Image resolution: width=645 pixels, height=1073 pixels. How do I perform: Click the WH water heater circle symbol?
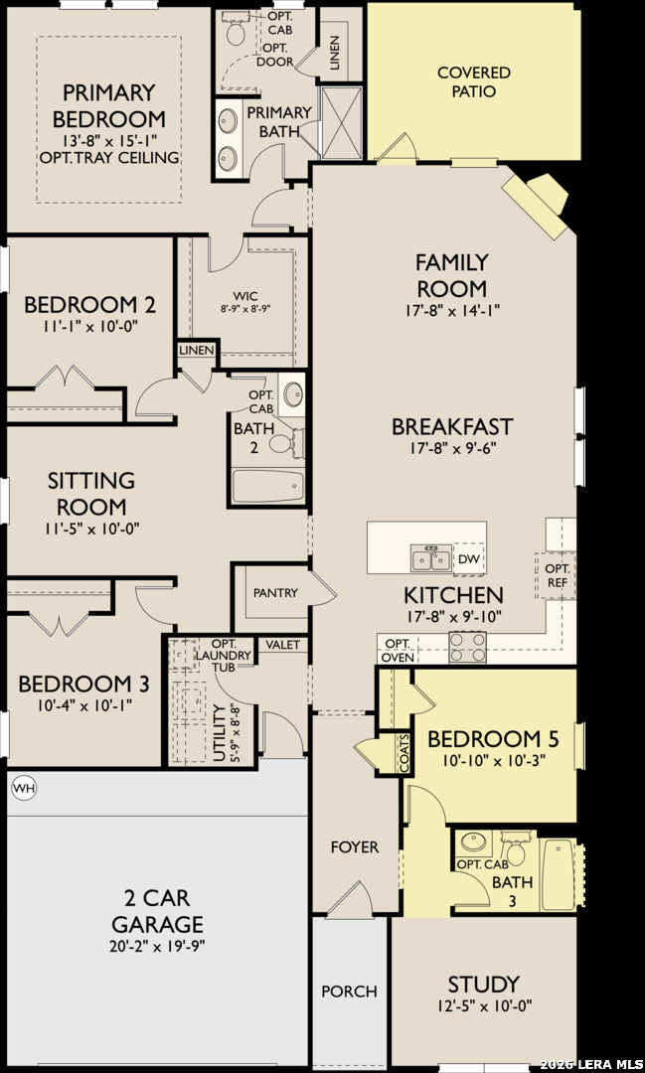[24, 788]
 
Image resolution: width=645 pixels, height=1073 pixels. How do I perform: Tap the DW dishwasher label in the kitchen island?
[469, 559]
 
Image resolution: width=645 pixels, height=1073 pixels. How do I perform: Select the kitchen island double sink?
[430, 557]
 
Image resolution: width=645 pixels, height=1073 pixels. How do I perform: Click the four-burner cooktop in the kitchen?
[468, 647]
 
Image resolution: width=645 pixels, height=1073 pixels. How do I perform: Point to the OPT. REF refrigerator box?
[556, 575]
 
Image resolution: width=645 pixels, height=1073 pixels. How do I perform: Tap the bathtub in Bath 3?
[559, 874]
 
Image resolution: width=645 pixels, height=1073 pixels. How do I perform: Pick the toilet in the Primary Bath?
[237, 30]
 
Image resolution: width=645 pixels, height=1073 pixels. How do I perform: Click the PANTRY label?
[276, 592]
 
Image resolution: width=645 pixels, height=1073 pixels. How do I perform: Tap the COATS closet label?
[405, 755]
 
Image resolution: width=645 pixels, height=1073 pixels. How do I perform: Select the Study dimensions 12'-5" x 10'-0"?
[483, 1005]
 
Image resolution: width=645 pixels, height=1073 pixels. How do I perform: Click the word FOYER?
[355, 847]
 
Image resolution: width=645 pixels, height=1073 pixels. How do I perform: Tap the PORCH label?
[349, 991]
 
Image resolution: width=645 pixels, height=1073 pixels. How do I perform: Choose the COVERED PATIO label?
[474, 81]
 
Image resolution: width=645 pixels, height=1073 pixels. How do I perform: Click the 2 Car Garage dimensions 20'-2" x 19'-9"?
[158, 946]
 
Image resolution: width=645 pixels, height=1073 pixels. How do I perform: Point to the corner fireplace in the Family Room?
[536, 204]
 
